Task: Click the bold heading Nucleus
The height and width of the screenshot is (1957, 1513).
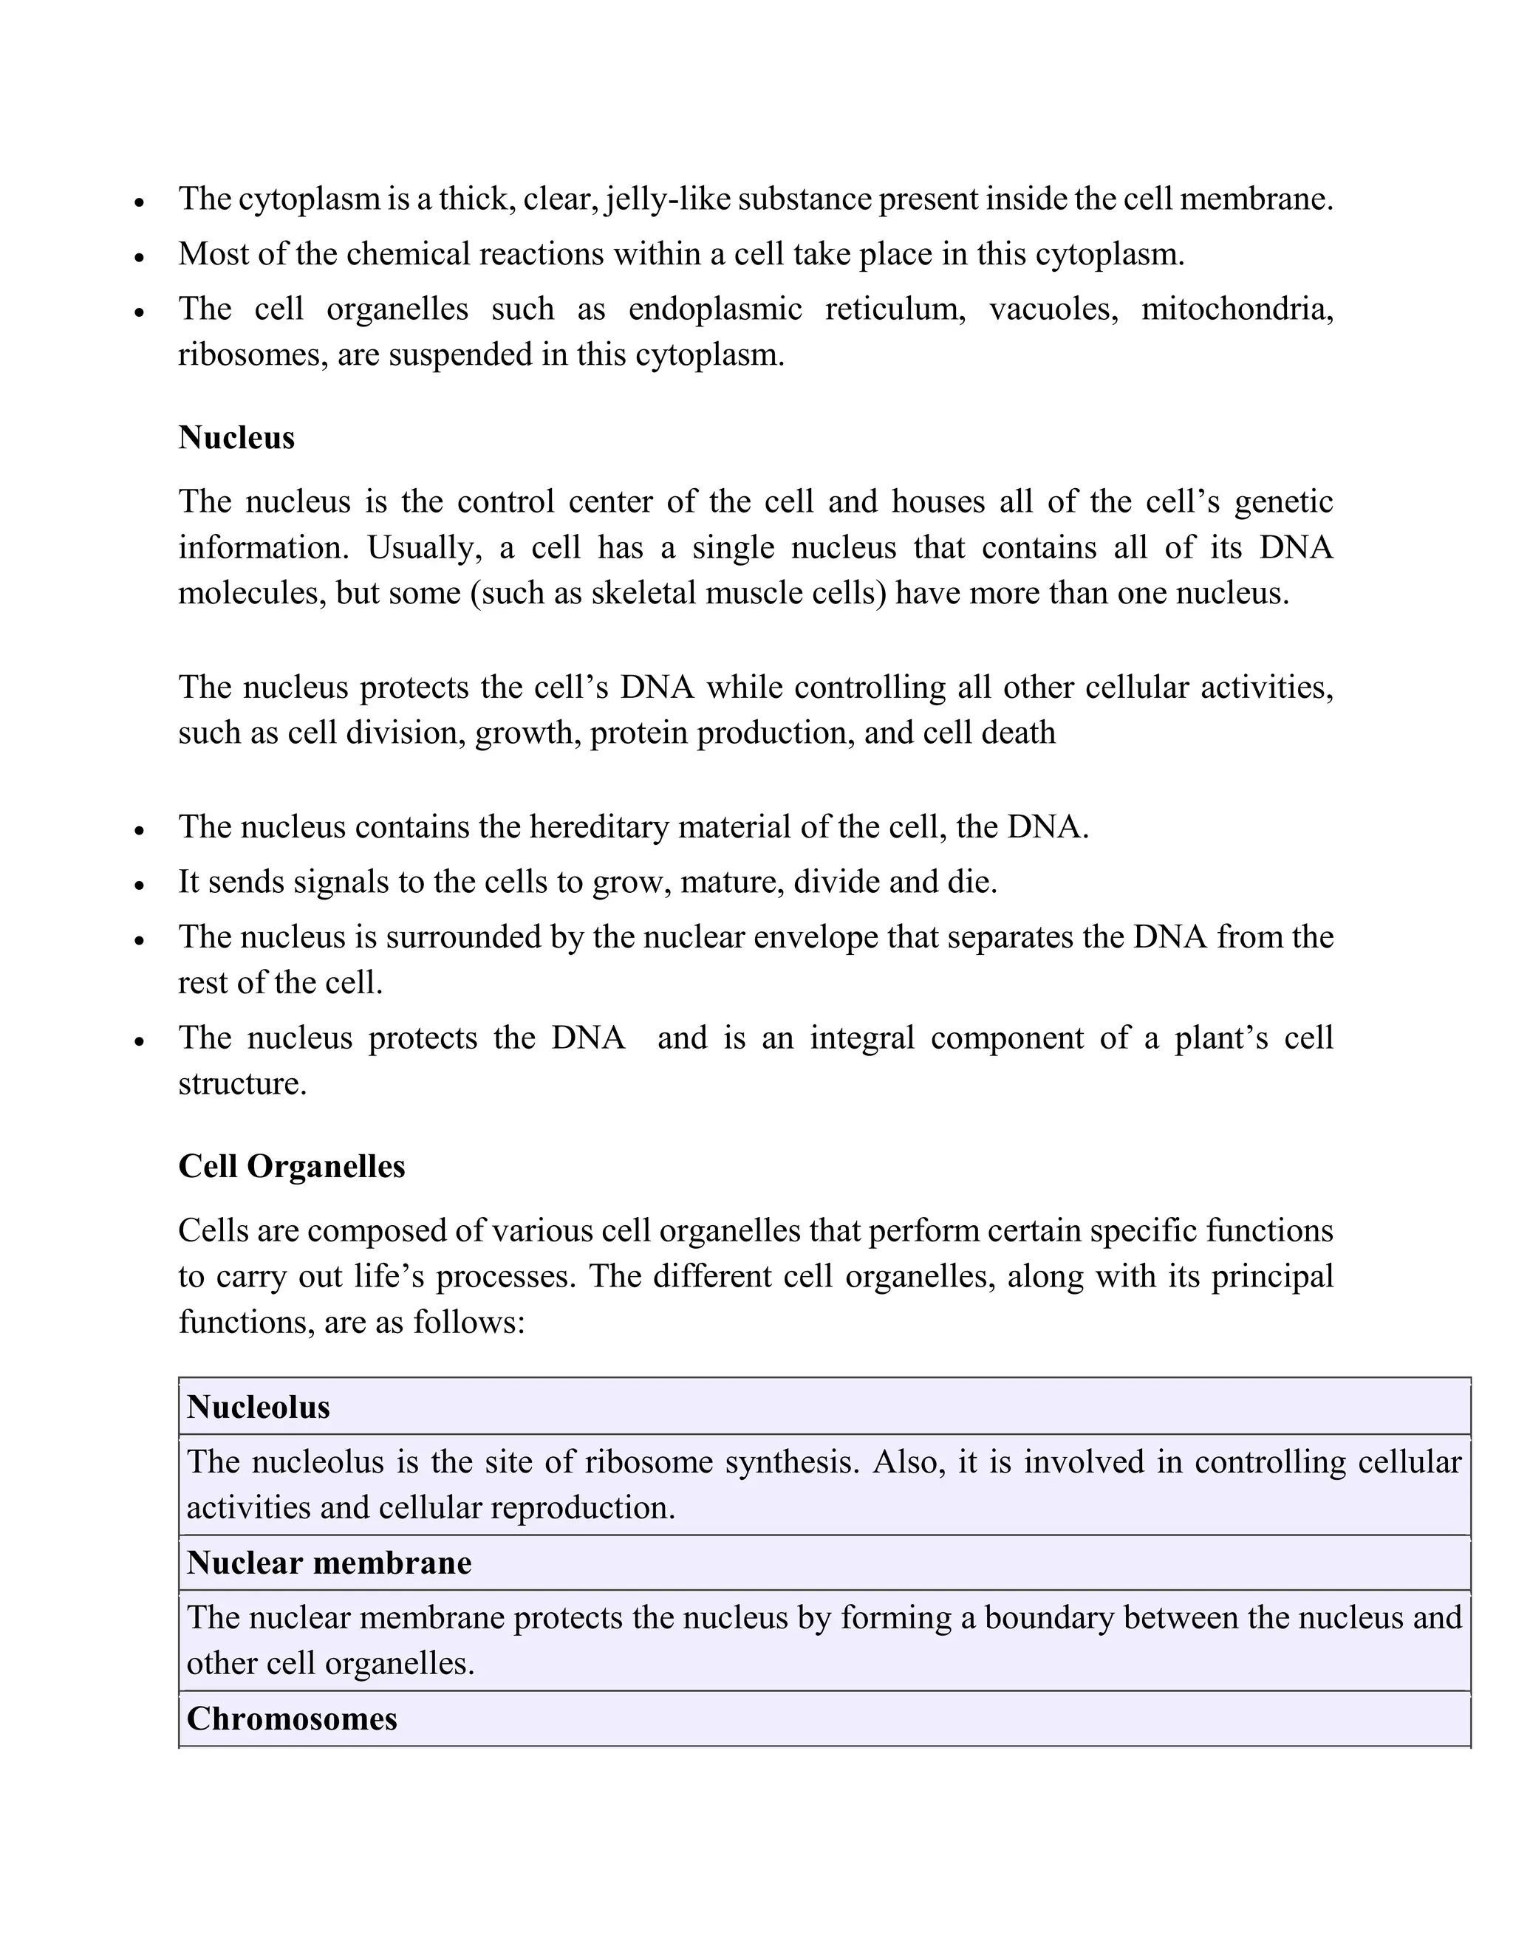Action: pyautogui.click(x=236, y=438)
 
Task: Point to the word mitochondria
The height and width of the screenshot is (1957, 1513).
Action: pyautogui.click(x=1236, y=309)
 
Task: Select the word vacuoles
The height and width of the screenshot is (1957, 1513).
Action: pyautogui.click(x=1053, y=309)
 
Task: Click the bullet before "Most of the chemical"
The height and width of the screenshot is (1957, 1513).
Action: pyautogui.click(x=139, y=257)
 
